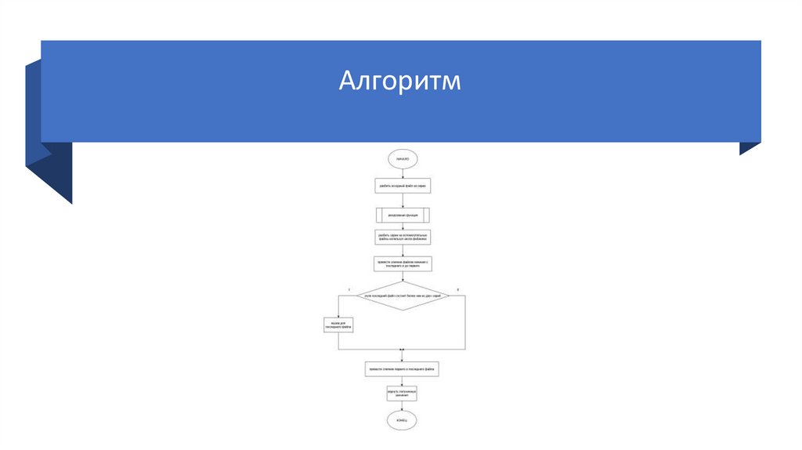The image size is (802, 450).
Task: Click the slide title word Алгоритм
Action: pos(400,81)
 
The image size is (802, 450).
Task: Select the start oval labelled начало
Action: pos(403,159)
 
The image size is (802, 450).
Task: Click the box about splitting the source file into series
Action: pos(403,186)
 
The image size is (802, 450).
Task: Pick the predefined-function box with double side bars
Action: pos(403,214)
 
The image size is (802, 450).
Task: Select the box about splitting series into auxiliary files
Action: pos(403,237)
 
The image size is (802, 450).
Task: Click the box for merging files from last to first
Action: pos(403,263)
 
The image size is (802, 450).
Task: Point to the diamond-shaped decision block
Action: pos(403,296)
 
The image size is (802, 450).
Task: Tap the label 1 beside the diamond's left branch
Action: pos(349,291)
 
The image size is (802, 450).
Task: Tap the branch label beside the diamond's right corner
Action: pos(457,291)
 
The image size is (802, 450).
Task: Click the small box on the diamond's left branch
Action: pos(338,325)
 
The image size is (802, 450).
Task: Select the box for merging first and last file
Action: pos(403,368)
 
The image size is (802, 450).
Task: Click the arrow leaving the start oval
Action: pos(403,172)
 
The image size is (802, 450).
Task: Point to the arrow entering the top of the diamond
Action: pos(403,277)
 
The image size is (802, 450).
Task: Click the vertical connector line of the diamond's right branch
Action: pos(465,321)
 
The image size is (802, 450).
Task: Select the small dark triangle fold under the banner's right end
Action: pos(750,148)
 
